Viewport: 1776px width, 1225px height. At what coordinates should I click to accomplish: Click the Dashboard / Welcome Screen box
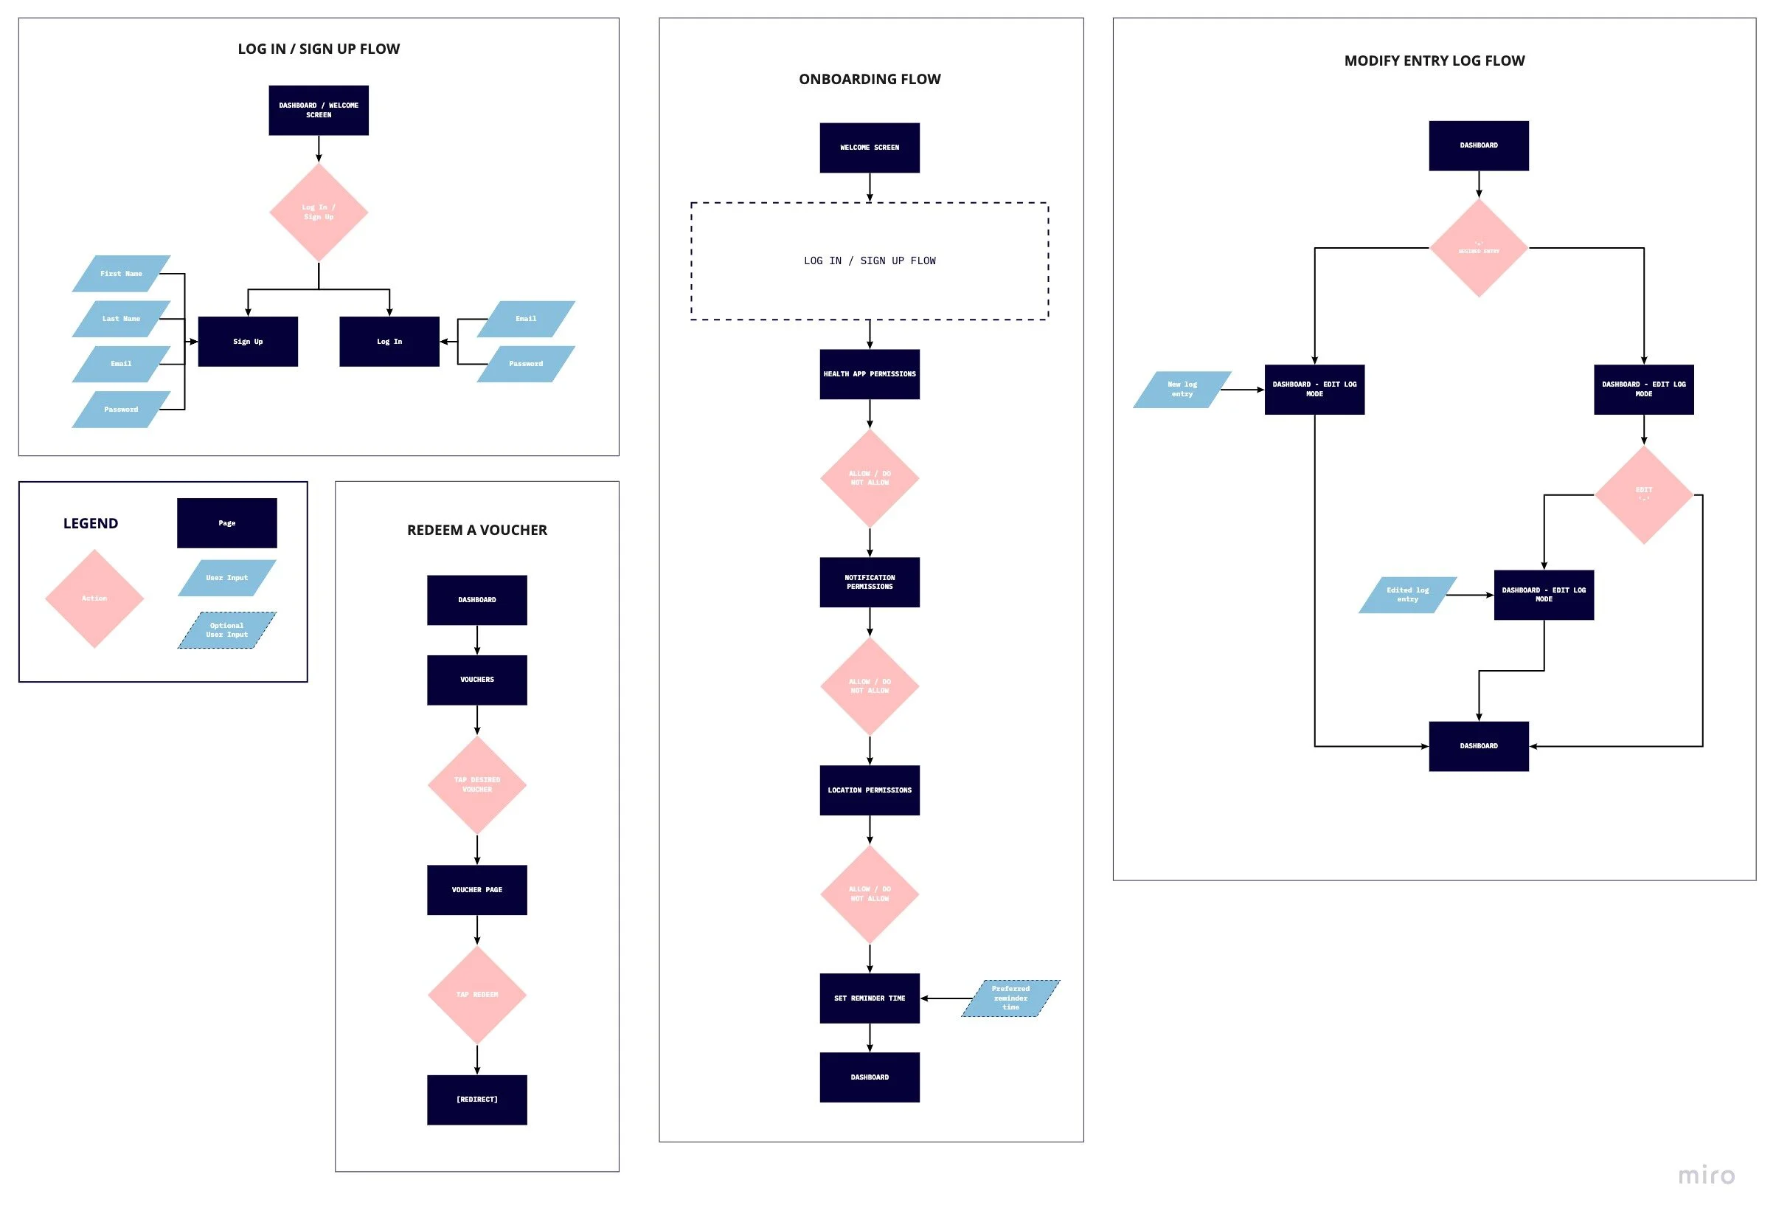coord(319,111)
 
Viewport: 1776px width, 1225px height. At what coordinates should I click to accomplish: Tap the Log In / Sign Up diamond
coord(319,212)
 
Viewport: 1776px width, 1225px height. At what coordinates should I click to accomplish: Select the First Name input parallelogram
coord(121,274)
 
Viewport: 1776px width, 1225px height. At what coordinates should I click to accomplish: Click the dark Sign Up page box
coord(248,342)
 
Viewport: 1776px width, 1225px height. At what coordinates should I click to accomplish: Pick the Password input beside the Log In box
coord(526,364)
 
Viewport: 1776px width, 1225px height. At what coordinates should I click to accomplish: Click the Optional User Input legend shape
coord(227,630)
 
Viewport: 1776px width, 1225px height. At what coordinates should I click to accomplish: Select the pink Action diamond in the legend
coord(94,598)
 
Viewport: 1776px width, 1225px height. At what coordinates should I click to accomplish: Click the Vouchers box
coord(476,680)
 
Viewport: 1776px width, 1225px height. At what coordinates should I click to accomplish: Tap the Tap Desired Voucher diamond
coord(476,784)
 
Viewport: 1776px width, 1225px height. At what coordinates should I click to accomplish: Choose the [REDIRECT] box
coord(476,1100)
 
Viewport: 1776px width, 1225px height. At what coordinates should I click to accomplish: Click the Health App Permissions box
coord(870,375)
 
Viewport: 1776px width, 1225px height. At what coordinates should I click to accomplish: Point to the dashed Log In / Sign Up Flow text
coord(870,261)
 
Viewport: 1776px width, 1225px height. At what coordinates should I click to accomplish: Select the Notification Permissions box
coord(870,582)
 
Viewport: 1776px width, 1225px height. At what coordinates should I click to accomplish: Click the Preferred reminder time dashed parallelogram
coord(1010,998)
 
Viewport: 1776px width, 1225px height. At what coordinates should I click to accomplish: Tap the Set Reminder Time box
coord(870,998)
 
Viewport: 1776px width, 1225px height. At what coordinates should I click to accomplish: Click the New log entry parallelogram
coord(1182,390)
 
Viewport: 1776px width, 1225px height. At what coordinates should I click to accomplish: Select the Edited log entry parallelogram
coord(1407,595)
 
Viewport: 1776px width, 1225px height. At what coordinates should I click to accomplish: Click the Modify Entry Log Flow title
coord(1434,61)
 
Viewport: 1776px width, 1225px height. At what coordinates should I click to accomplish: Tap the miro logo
coord(1705,1175)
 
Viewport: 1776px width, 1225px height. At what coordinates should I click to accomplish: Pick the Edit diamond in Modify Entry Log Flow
coord(1643,495)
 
